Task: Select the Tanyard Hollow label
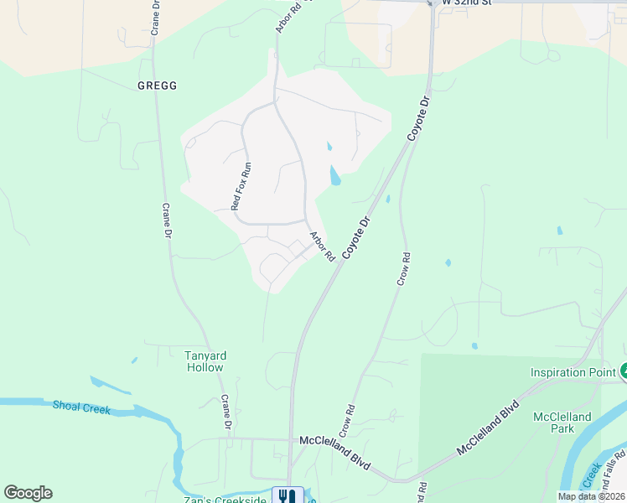(x=205, y=361)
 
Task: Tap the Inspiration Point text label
(x=573, y=372)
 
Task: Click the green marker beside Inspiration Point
(x=623, y=371)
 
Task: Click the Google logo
(x=28, y=493)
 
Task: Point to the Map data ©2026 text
(x=591, y=496)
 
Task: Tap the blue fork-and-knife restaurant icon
(x=288, y=495)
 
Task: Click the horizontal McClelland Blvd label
(x=334, y=440)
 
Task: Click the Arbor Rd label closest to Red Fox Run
(x=322, y=246)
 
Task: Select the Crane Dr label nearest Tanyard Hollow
(x=225, y=413)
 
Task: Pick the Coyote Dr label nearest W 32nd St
(x=417, y=118)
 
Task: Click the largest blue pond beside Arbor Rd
(x=335, y=175)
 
